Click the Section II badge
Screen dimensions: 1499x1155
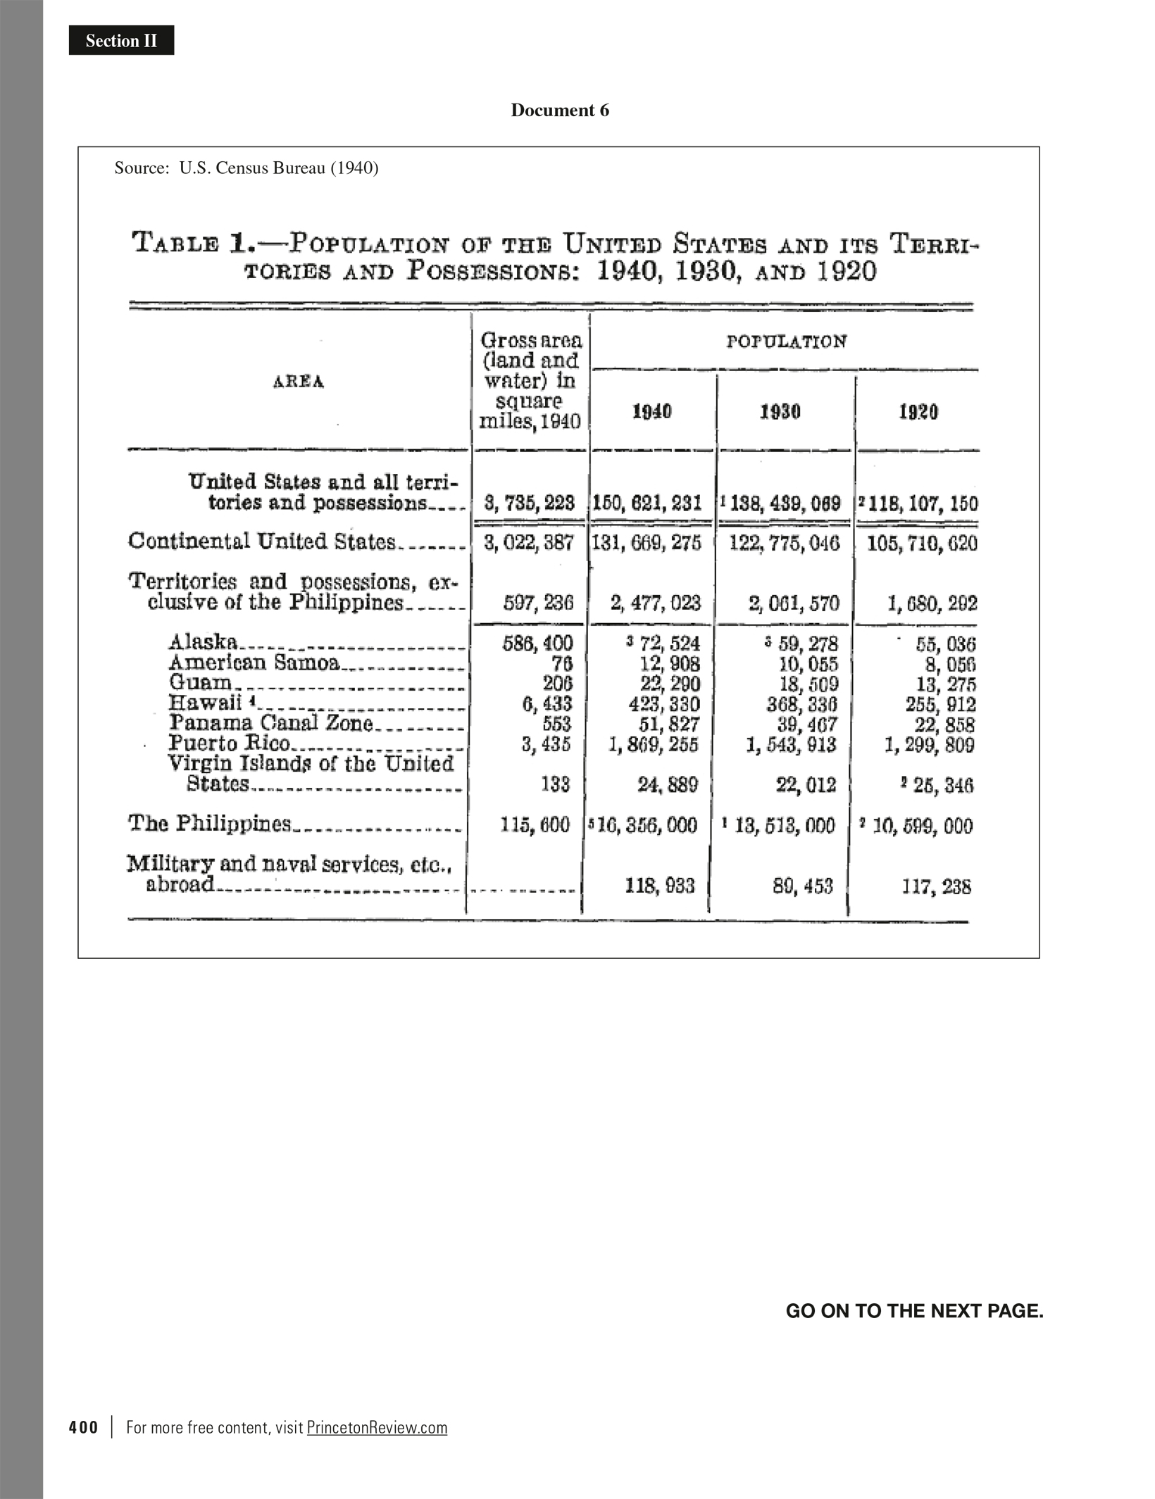[x=121, y=41]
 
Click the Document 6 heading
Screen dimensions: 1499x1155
[x=560, y=111]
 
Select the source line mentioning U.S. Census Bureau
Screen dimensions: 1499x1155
[x=246, y=168]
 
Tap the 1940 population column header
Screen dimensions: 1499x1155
[x=651, y=412]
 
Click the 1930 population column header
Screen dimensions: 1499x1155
[x=780, y=412]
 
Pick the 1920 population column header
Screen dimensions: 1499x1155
[x=918, y=412]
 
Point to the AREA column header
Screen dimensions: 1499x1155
[x=299, y=382]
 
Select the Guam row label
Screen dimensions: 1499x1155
[x=200, y=682]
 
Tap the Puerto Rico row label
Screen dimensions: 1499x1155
[x=229, y=744]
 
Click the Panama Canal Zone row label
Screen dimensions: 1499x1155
[x=270, y=723]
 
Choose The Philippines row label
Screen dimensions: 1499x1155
[x=209, y=824]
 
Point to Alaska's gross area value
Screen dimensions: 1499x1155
[x=537, y=643]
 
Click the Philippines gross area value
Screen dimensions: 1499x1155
[x=535, y=825]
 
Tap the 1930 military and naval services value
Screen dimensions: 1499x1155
[x=802, y=886]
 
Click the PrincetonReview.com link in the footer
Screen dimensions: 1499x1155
[x=377, y=1427]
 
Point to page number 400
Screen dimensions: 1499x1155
[x=84, y=1427]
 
